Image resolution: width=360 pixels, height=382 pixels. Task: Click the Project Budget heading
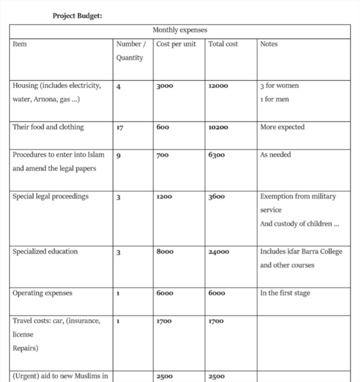(77, 16)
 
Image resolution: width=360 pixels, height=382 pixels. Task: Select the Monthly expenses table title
(180, 30)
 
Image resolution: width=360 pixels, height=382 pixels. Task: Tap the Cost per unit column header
(176, 44)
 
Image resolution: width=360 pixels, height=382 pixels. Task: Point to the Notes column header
(269, 44)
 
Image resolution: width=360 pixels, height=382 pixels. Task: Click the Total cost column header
(223, 44)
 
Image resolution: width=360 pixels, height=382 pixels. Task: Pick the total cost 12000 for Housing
(218, 86)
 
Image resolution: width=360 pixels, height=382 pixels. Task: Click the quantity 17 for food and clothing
(120, 127)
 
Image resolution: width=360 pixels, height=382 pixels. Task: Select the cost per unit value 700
(163, 155)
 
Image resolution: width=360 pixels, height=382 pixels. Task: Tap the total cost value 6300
(216, 155)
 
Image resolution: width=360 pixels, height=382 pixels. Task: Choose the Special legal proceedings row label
(50, 196)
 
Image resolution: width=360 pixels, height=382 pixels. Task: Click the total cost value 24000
(219, 252)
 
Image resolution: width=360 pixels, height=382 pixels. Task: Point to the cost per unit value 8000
(165, 252)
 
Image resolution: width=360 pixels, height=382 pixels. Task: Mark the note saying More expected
(282, 127)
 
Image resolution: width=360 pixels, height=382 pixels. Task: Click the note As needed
(275, 155)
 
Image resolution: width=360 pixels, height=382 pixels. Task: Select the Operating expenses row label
(42, 293)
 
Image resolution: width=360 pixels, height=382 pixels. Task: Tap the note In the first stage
(285, 293)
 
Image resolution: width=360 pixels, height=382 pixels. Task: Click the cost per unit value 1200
(164, 196)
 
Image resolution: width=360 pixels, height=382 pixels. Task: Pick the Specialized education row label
(45, 252)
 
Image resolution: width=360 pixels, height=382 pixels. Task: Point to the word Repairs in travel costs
(25, 348)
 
